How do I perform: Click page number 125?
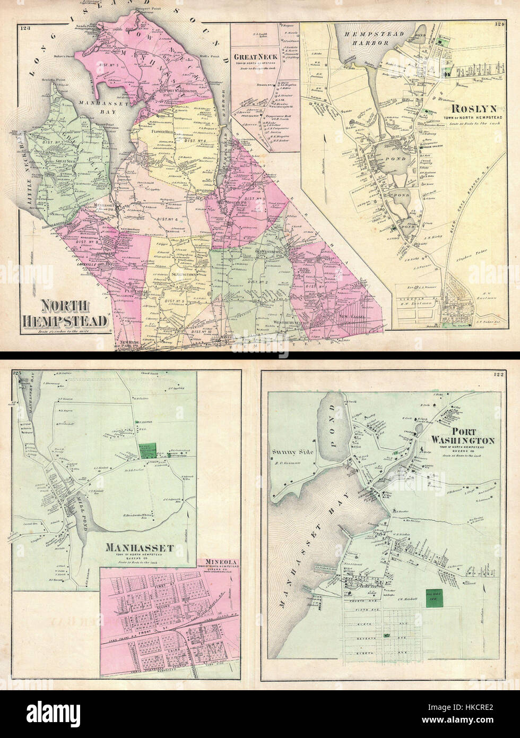[18, 375]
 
